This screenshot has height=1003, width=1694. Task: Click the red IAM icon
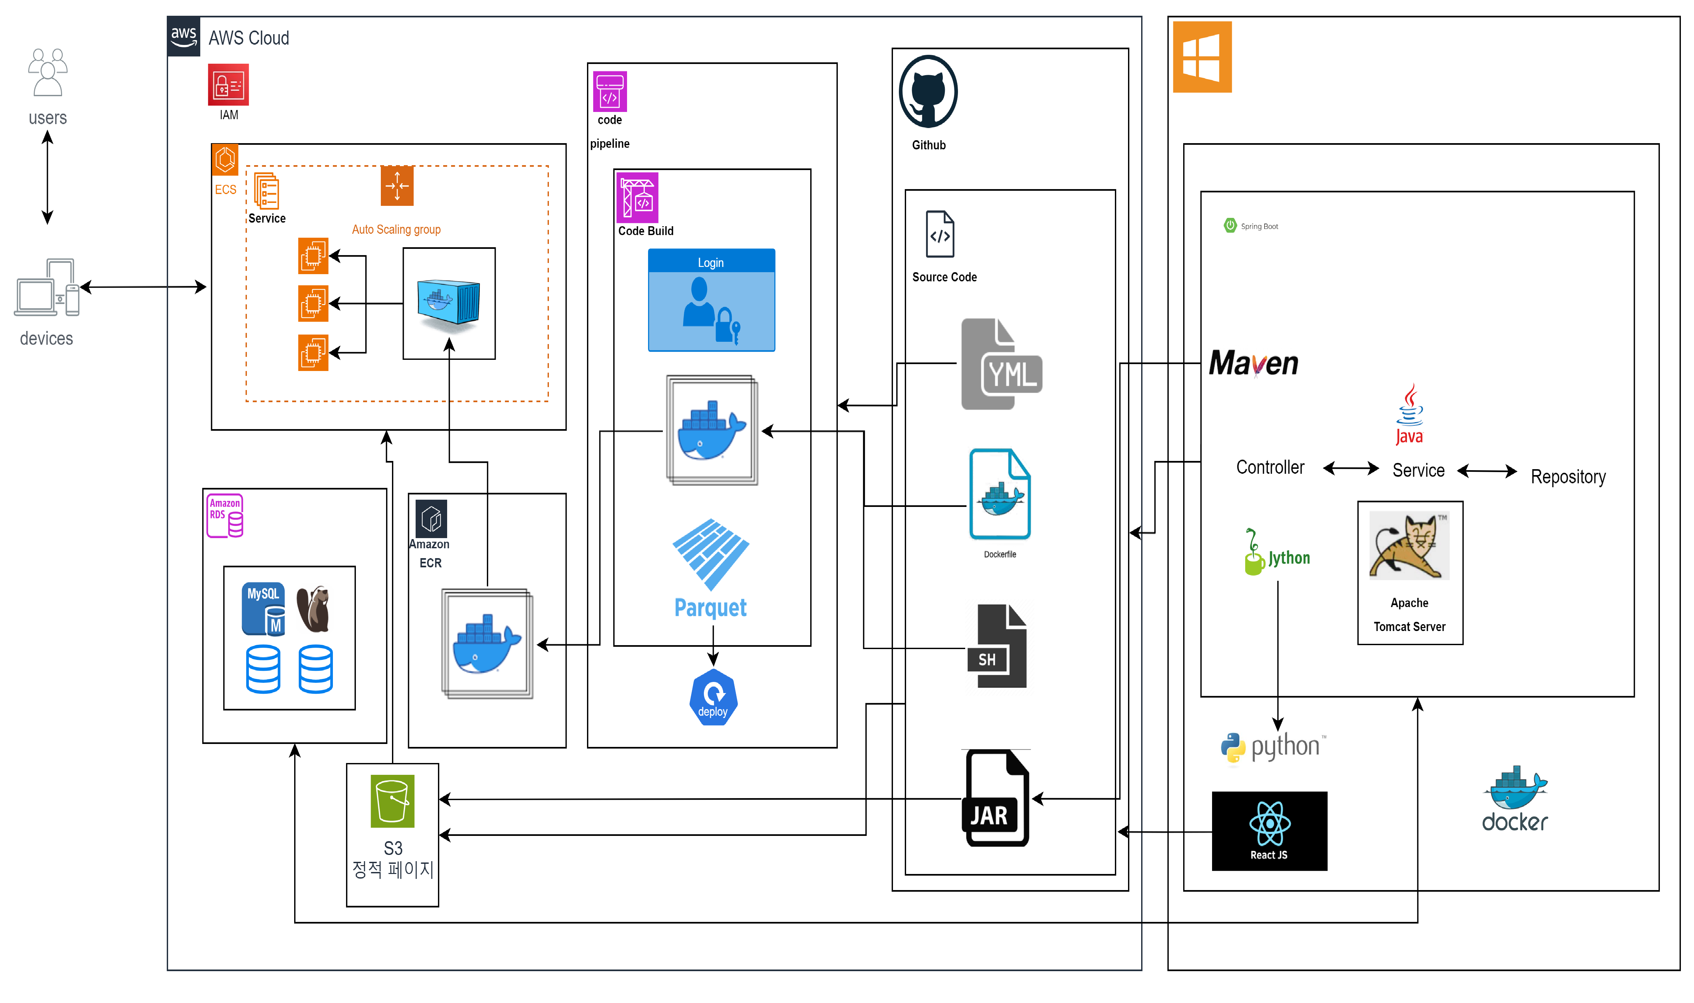(228, 84)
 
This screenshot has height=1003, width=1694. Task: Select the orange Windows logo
(1202, 57)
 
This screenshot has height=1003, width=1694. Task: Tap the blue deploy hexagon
(713, 698)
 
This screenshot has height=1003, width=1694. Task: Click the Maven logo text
(1253, 364)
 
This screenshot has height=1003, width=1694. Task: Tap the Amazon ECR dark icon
(431, 519)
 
